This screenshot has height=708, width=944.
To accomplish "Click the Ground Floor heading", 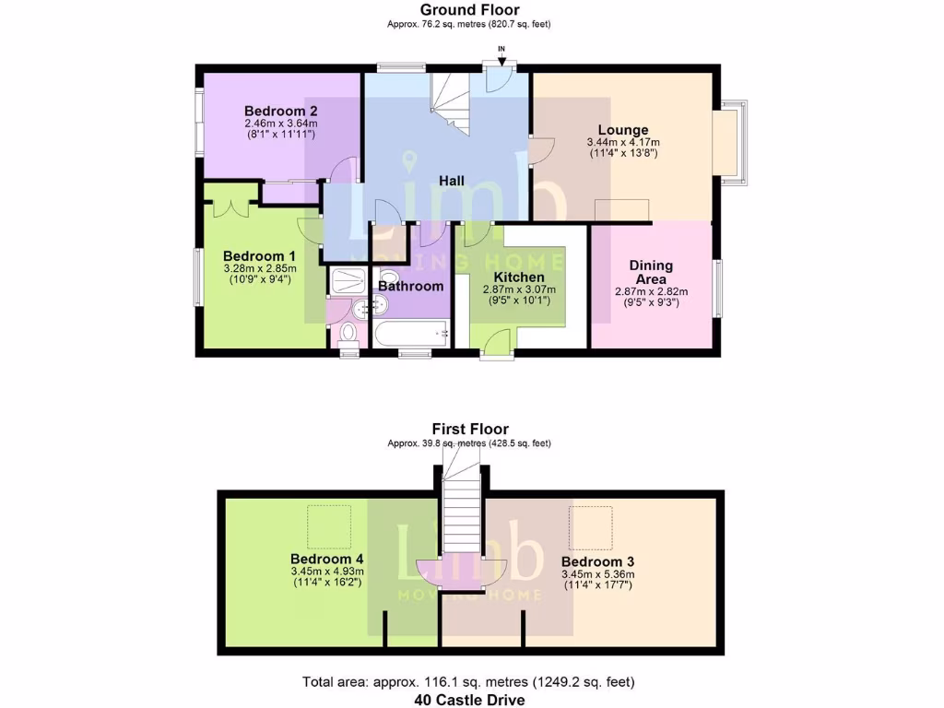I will pos(469,10).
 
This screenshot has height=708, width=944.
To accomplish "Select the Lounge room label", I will pos(622,130).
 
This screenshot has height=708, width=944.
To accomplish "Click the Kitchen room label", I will pos(518,277).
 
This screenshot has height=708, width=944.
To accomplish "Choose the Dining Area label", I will pos(651,272).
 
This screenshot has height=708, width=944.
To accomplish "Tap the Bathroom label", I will pos(411,286).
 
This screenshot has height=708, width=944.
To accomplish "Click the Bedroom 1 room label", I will pos(259,255).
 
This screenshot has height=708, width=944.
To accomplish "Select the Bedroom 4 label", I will pos(326,560).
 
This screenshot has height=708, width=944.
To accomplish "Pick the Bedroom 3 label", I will pos(596,561).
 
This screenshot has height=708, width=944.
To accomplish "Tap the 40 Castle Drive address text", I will pos(469,700).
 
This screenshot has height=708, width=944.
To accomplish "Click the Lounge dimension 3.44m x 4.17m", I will pos(622,143).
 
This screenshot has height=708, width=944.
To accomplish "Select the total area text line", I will pos(469,682).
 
